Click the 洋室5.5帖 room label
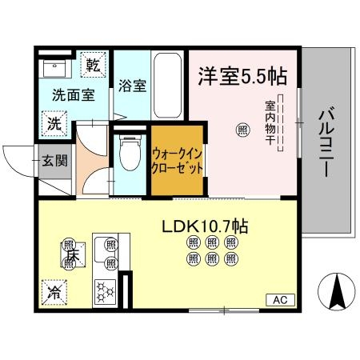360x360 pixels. [242, 77]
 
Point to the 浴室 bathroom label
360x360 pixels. [132, 86]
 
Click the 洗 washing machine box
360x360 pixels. [52, 123]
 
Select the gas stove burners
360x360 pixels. [106, 289]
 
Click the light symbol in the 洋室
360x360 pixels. [241, 128]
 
